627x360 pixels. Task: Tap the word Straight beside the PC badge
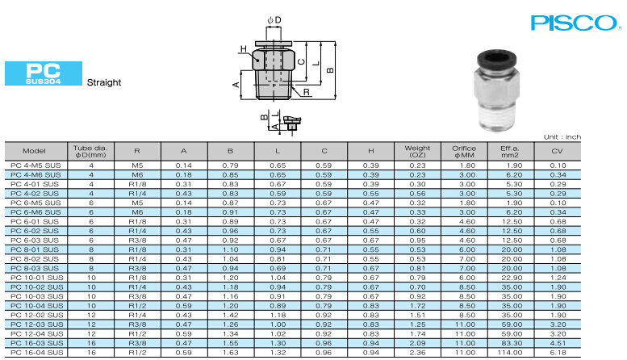104,82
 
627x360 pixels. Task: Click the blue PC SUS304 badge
44,73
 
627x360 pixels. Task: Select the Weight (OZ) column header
417,151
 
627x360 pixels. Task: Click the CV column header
557,151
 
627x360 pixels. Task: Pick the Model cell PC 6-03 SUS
35,241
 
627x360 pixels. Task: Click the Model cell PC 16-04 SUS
37,353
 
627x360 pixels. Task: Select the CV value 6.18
558,353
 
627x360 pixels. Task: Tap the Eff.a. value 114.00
510,353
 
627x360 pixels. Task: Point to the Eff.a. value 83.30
512,343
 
